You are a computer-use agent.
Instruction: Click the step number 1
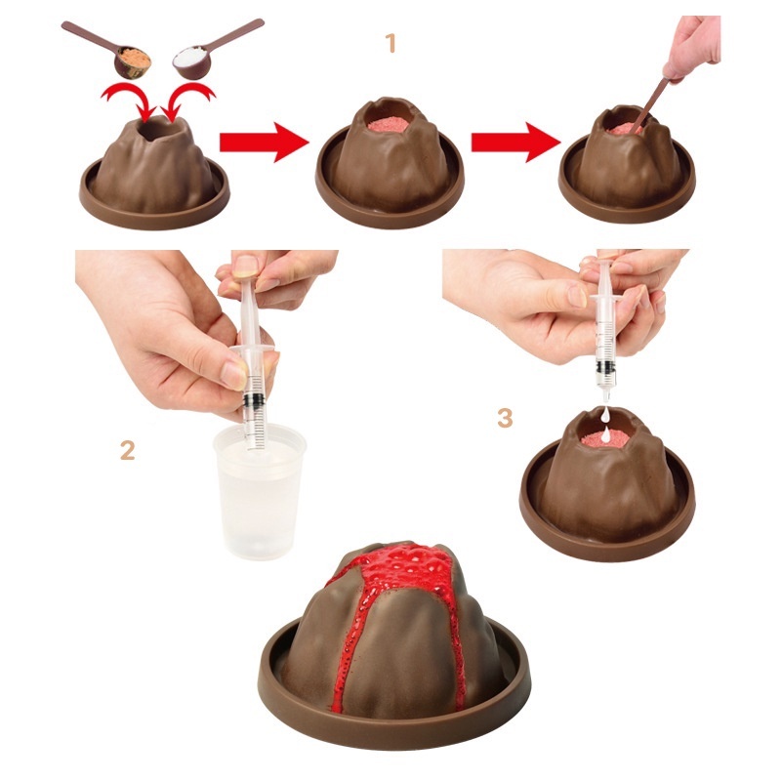[391, 43]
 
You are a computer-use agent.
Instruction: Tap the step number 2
[128, 451]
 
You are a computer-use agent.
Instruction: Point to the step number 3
[505, 419]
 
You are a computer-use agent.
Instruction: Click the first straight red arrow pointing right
[264, 143]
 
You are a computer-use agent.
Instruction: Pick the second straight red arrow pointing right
[516, 143]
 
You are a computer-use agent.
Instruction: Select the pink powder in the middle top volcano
[389, 124]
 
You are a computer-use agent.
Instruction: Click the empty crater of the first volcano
[158, 129]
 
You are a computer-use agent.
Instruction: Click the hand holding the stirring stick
[692, 47]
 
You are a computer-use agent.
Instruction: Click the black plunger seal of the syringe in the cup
[254, 399]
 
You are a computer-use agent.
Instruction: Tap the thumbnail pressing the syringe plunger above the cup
[246, 266]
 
